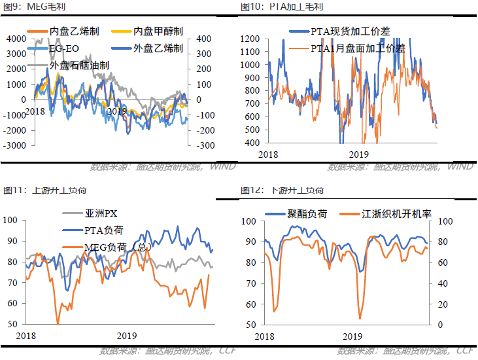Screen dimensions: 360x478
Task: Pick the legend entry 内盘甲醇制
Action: click(158, 31)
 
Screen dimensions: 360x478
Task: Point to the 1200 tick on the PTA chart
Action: click(250, 39)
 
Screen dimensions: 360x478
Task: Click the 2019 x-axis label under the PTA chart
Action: click(358, 154)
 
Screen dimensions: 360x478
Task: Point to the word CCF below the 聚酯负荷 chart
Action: click(465, 351)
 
